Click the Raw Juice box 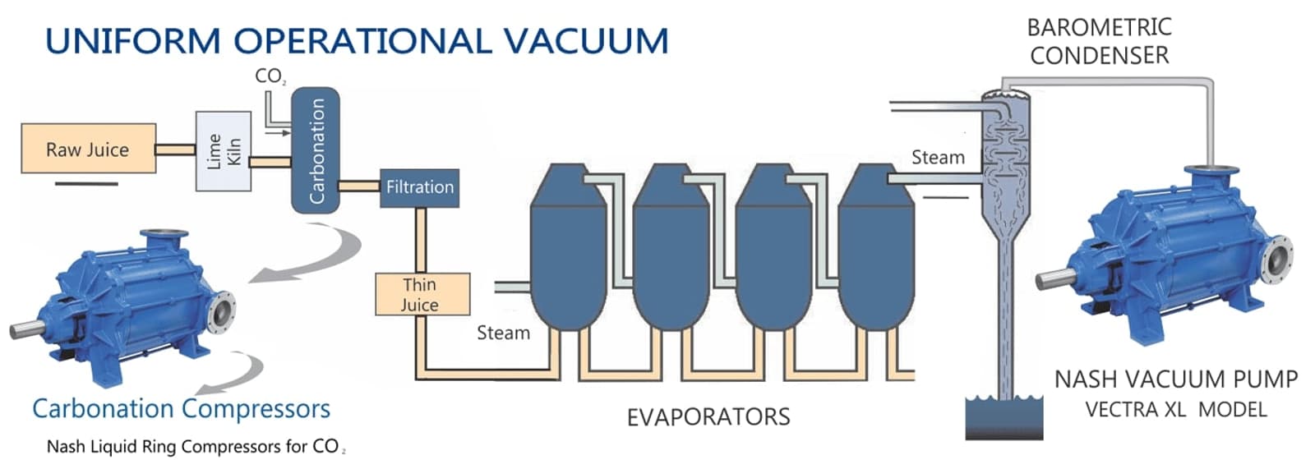(x=88, y=149)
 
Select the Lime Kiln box (x=223, y=152)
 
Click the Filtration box (x=419, y=187)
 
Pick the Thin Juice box (x=422, y=294)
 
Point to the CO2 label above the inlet (x=270, y=76)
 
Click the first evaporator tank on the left (x=568, y=255)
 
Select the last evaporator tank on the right (x=875, y=255)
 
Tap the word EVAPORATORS (x=708, y=417)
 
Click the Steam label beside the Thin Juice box (x=503, y=333)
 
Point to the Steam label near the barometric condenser (x=937, y=157)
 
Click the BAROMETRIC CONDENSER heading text (x=1099, y=41)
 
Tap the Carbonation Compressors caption (x=181, y=408)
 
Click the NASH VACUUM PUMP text (x=1175, y=379)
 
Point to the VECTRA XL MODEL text (x=1175, y=409)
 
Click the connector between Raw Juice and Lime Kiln (x=175, y=149)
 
